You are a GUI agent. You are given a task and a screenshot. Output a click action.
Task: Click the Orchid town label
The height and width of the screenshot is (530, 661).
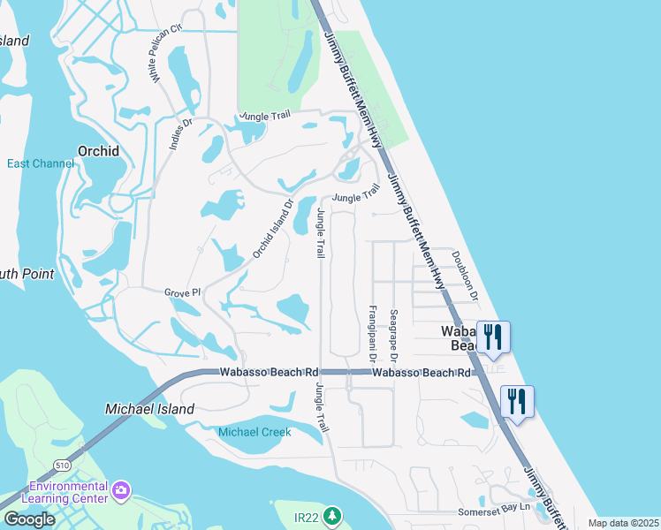tap(98, 151)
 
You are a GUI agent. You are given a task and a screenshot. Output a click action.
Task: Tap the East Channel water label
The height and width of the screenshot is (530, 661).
tap(41, 163)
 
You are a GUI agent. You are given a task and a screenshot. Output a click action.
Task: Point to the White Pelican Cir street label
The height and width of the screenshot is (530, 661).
tap(165, 54)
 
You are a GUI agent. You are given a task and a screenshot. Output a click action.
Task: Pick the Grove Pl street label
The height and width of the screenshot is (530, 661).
tap(183, 291)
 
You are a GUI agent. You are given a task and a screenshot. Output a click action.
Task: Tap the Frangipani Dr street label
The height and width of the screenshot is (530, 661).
tap(372, 335)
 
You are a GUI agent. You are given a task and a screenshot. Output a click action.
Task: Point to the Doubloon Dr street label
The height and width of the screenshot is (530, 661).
tap(465, 275)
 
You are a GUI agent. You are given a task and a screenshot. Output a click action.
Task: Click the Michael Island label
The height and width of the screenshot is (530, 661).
tap(149, 409)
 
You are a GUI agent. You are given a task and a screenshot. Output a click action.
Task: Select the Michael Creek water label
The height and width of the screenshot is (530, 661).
tap(255, 432)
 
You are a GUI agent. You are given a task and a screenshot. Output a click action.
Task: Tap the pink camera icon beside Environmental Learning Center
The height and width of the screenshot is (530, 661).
tap(121, 488)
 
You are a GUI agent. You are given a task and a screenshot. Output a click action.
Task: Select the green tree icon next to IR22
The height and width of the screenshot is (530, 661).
tap(333, 514)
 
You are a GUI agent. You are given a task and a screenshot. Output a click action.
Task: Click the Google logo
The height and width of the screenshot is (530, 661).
tap(28, 519)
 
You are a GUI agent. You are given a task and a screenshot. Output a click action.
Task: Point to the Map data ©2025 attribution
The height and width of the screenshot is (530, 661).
tap(622, 523)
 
